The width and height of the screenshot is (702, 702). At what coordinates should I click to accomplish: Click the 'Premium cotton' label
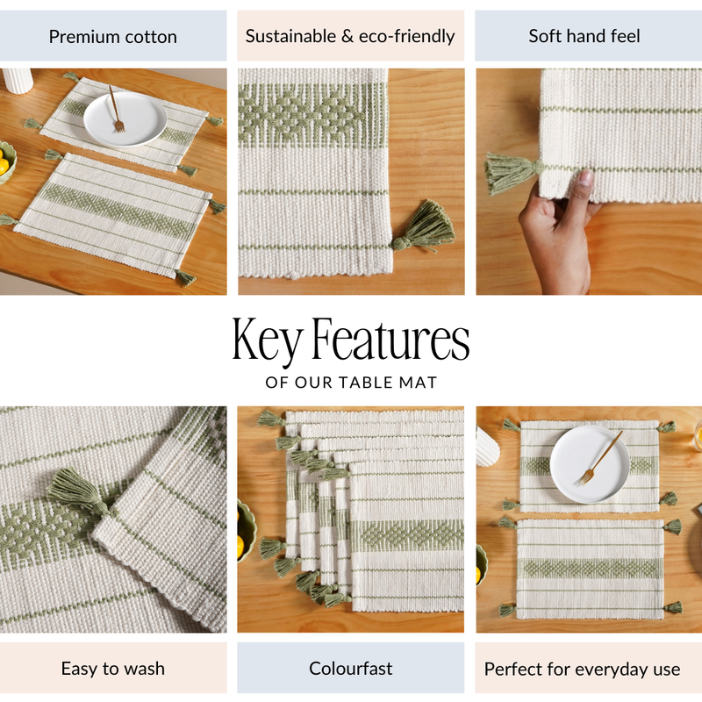[112, 37]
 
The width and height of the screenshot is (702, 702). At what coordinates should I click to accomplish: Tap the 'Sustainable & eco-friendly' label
[350, 36]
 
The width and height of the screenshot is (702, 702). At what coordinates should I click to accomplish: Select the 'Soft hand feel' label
[584, 36]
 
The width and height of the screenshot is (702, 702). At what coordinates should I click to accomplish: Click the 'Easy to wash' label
[112, 669]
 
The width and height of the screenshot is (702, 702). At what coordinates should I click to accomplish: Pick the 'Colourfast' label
[350, 669]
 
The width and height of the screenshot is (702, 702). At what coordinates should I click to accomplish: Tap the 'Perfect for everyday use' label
[582, 670]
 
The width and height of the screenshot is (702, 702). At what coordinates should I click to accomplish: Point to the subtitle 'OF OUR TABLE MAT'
[350, 383]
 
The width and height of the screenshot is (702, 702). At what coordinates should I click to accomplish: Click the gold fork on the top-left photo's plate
[115, 111]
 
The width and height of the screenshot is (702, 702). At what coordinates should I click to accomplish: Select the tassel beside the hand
[509, 171]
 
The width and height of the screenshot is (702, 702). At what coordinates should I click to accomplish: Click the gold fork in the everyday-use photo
[601, 457]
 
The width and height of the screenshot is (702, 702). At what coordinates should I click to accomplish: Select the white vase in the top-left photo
[18, 80]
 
